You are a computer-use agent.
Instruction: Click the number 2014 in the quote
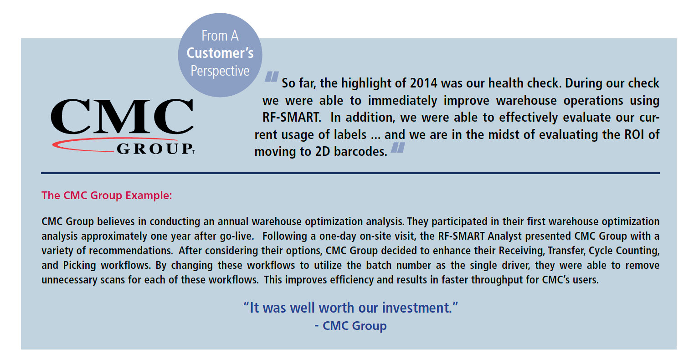[424, 83]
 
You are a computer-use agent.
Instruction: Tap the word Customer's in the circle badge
[220, 53]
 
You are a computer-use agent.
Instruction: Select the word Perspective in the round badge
[220, 71]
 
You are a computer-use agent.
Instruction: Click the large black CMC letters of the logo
[122, 117]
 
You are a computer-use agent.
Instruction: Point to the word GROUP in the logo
[154, 149]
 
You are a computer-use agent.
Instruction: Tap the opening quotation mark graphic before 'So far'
[271, 77]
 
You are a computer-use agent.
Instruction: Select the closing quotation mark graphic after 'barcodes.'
[398, 147]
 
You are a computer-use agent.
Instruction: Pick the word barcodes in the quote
[360, 152]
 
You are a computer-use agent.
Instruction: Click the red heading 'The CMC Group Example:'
[107, 195]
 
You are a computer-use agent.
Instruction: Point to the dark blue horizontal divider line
[350, 173]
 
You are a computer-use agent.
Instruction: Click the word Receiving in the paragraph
[522, 251]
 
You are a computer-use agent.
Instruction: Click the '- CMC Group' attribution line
[350, 326]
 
